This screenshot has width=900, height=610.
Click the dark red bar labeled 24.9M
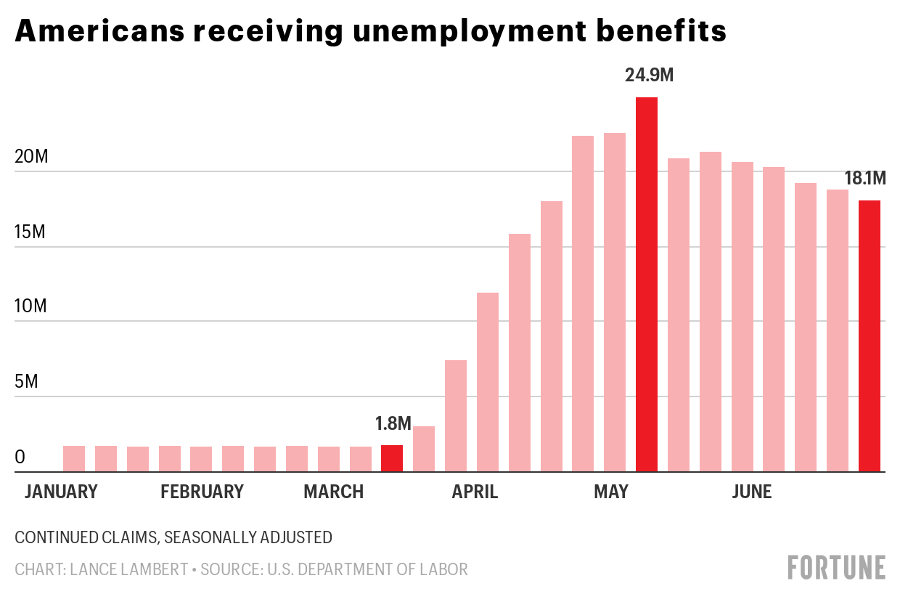(x=646, y=284)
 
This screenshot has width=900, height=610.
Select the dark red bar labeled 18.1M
(x=869, y=335)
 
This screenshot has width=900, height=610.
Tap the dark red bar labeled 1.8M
(x=392, y=458)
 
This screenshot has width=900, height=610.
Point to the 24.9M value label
(x=649, y=75)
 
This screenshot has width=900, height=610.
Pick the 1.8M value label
(x=393, y=423)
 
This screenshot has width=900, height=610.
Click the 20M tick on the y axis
(x=31, y=157)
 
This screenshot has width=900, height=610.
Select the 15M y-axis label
(x=31, y=232)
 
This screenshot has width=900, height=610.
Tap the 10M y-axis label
(x=31, y=306)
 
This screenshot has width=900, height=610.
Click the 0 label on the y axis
(x=20, y=457)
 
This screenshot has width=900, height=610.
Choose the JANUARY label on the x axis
(x=61, y=492)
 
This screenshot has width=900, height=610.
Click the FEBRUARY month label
(x=202, y=492)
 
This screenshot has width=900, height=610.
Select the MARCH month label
(x=333, y=492)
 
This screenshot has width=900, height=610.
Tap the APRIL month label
(x=475, y=492)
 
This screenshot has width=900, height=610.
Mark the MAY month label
(x=610, y=492)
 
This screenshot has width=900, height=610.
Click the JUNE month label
(x=751, y=492)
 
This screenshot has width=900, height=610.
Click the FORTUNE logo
(x=836, y=567)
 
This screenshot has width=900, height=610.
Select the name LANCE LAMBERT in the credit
(x=128, y=569)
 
